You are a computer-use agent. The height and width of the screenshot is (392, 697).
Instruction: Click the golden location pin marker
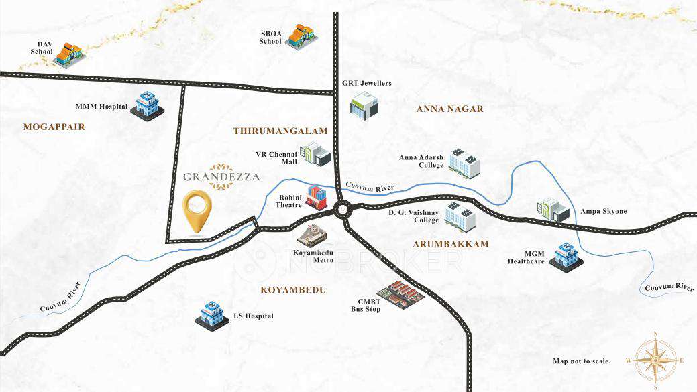click(x=198, y=210)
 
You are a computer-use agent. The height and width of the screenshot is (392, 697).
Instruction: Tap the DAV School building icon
click(x=68, y=54)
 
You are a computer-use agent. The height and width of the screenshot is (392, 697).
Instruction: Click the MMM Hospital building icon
click(x=147, y=105)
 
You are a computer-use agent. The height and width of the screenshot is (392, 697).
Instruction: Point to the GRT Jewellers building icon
click(x=364, y=106)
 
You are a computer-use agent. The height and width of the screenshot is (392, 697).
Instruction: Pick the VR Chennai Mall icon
click(x=315, y=154)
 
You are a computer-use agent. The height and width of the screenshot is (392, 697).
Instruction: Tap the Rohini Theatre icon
click(x=317, y=197)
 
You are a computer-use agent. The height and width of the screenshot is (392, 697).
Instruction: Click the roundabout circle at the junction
click(x=343, y=210)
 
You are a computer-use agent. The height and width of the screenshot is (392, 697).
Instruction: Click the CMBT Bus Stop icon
click(x=400, y=295)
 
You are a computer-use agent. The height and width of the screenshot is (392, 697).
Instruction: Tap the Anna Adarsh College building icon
click(x=464, y=163)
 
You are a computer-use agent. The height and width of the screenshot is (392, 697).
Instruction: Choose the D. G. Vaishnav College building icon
click(x=460, y=216)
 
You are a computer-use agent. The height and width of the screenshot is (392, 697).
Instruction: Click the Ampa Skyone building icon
click(x=553, y=210)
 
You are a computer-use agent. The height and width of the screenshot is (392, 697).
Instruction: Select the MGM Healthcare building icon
click(x=566, y=256)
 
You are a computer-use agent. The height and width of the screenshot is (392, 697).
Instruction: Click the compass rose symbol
click(x=655, y=360)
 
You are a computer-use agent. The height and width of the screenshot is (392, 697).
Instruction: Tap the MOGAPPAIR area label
click(x=54, y=126)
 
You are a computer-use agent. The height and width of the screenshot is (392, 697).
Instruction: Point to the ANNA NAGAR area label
click(x=449, y=109)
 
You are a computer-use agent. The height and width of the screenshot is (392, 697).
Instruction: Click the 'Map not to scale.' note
click(x=582, y=361)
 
